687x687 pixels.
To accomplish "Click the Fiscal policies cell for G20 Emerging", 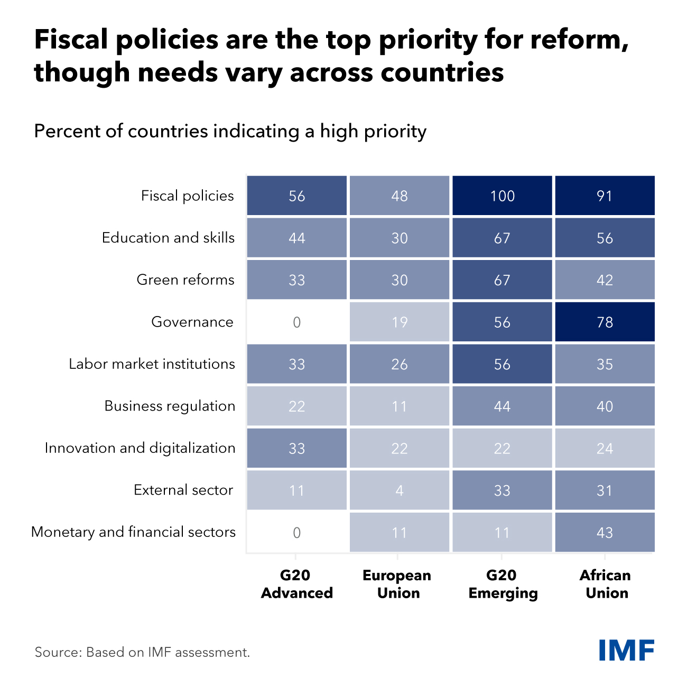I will pos(502,196).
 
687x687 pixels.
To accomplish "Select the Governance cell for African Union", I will pos(605,322).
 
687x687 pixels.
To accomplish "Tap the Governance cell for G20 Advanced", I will pos(296,322).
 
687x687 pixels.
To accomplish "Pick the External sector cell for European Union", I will pos(400,490).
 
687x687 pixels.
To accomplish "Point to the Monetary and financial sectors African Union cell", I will pos(605,532).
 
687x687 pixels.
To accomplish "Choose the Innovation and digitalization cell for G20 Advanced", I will pos(296,448).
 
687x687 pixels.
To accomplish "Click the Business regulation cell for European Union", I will pos(400,406).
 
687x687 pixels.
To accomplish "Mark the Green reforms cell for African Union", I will pos(605,280).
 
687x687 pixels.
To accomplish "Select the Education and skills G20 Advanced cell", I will pos(296,238).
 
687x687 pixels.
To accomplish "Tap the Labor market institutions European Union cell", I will pos(400,364).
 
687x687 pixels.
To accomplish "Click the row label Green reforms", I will pos(185,280).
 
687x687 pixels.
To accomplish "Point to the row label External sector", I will pos(183,490).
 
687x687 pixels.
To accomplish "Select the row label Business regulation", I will pos(170,406).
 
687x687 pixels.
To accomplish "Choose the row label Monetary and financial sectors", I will pos(134,532).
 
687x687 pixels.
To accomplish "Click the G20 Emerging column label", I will pos(503,584).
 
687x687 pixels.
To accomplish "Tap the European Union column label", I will pos(397,584).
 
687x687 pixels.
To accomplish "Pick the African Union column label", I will pos(606,584).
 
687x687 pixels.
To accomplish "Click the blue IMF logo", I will pos(627,650).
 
